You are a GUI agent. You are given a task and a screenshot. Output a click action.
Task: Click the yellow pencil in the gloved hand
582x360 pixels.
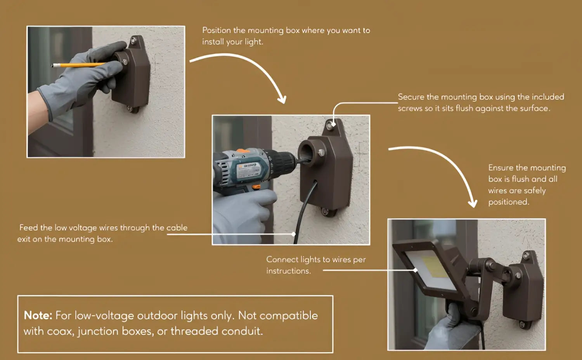click(78, 65)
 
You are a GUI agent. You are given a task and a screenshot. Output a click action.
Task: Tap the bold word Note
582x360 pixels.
click(38, 315)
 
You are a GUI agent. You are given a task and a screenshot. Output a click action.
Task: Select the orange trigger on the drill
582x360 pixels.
click(256, 187)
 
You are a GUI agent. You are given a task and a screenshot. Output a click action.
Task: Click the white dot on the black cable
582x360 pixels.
click(293, 234)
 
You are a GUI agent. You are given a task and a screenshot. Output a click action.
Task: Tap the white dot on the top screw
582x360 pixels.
click(333, 125)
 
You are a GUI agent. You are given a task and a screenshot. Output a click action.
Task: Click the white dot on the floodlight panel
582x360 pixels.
click(415, 270)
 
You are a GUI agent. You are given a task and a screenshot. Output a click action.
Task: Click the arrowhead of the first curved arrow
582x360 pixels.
click(282, 99)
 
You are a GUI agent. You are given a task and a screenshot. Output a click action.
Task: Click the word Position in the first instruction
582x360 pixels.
click(217, 30)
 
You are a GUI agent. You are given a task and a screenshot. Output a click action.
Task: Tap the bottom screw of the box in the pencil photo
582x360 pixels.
click(129, 108)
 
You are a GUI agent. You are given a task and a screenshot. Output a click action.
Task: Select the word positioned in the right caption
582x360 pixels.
click(508, 202)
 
